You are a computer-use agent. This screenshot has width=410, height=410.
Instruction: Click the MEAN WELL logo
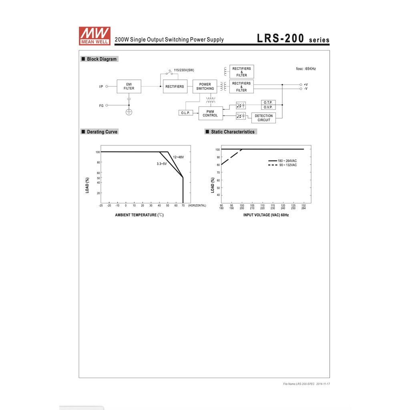[x=94, y=36]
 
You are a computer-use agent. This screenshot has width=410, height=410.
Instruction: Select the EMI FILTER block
[x=129, y=86]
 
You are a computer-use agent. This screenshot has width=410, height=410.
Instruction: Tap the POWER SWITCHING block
[x=205, y=86]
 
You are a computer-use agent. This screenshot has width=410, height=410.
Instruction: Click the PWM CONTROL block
[x=211, y=113]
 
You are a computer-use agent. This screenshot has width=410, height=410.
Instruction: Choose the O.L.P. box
[x=185, y=113]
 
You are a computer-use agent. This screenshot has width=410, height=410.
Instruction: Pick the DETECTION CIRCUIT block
[x=263, y=118]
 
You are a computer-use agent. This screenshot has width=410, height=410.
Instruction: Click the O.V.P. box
[x=268, y=107]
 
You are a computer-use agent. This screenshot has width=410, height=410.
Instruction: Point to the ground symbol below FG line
[x=129, y=112]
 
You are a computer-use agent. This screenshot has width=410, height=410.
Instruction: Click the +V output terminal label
[x=305, y=84]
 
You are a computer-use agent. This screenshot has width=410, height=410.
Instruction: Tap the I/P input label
[x=101, y=86]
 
